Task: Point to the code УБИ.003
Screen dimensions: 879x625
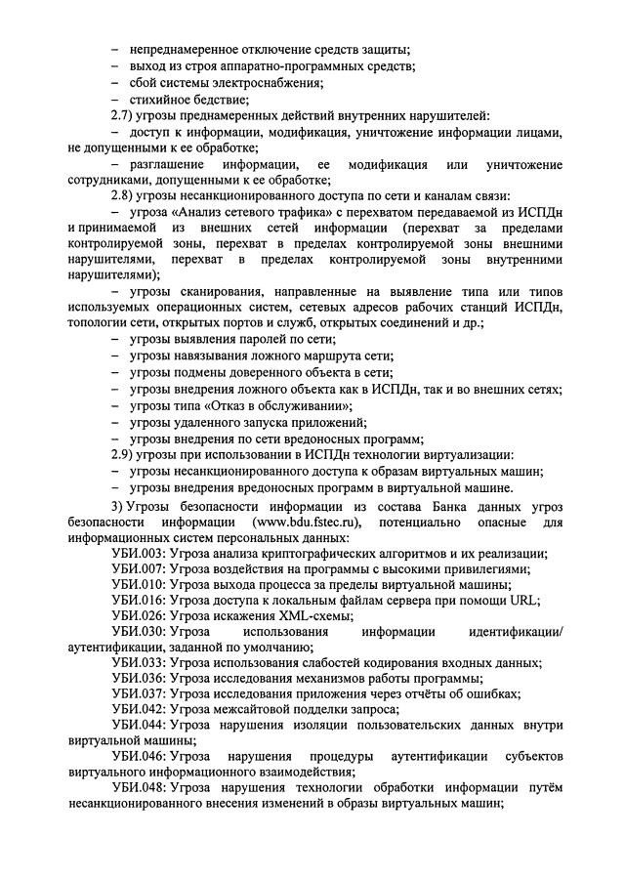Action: tap(138, 553)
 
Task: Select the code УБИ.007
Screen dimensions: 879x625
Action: tap(138, 568)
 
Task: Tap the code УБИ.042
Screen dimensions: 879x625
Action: tap(138, 709)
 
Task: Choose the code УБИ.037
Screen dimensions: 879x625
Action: tap(138, 693)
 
